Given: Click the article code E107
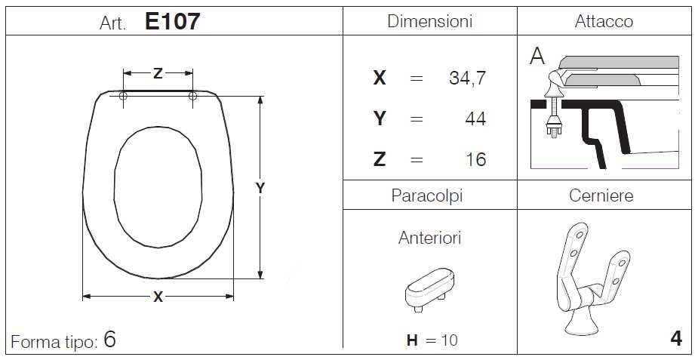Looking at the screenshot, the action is point(172,21).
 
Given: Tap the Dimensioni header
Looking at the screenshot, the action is point(429,21).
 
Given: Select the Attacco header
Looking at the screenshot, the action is point(604,21).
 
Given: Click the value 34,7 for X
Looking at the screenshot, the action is point(467,78).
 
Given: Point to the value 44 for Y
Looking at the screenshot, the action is point(475,118).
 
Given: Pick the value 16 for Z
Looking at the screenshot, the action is point(476,159).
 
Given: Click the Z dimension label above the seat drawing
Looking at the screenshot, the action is point(158,73).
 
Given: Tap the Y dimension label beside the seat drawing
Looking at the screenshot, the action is point(260,188).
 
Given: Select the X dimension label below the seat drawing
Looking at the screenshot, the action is point(158,297).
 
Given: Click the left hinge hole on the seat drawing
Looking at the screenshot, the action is point(123,96).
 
